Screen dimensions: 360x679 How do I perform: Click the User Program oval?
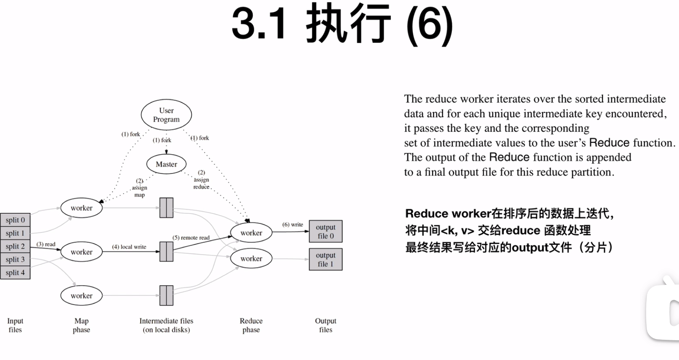[166, 115]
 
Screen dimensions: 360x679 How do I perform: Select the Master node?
[166, 164]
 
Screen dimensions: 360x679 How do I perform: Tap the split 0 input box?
[15, 220]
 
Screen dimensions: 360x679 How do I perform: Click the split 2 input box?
[15, 246]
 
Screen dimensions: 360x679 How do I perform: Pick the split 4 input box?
[15, 273]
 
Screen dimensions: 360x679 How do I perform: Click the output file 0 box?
[325, 231]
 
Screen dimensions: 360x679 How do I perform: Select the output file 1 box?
[325, 260]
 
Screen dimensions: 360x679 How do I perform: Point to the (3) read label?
[46, 244]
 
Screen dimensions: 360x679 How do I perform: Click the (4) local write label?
[129, 247]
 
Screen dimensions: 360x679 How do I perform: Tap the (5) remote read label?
[191, 237]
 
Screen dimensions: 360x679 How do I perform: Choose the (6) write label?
[293, 224]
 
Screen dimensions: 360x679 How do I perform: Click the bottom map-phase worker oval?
[81, 296]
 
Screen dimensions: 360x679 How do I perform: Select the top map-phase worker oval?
[81, 208]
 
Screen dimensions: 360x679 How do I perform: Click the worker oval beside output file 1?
[251, 259]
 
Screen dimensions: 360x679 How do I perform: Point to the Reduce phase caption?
[251, 325]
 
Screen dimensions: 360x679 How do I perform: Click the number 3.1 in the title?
[259, 24]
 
